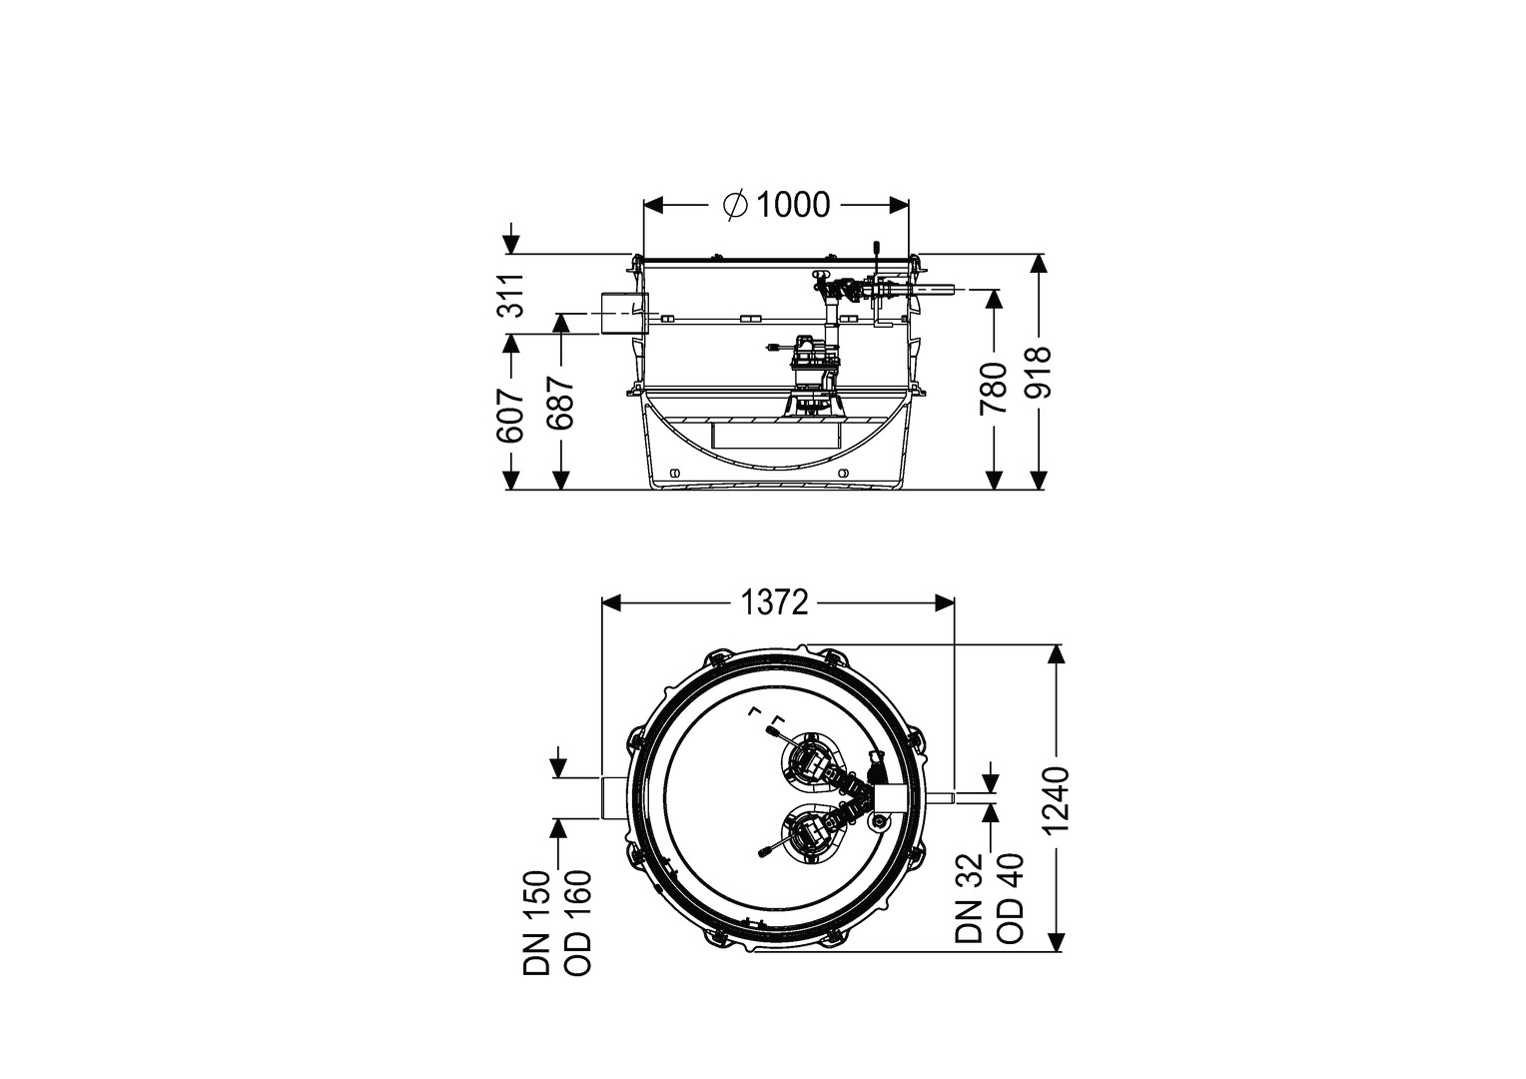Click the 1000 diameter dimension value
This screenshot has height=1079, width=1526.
click(793, 205)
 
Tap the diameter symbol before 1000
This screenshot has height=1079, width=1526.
click(736, 205)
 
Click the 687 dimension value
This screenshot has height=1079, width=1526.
click(562, 403)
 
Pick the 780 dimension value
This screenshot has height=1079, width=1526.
click(994, 389)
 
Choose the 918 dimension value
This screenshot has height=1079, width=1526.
click(1039, 373)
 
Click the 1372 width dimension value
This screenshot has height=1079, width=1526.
click(775, 602)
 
